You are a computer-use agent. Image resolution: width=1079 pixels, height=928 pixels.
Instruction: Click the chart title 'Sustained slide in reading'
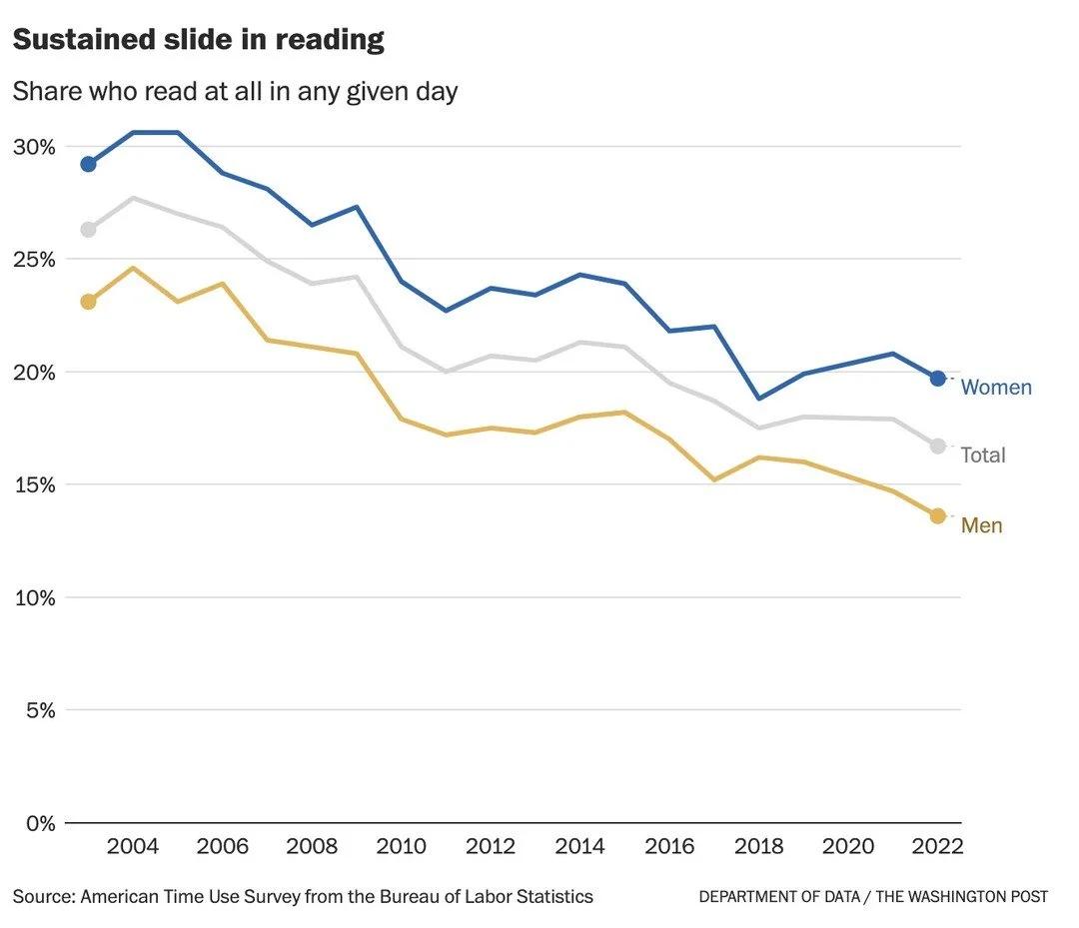(x=198, y=40)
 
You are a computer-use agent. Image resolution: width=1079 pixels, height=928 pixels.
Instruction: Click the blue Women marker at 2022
(x=937, y=379)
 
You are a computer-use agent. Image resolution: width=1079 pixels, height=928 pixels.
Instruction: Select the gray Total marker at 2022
(x=937, y=447)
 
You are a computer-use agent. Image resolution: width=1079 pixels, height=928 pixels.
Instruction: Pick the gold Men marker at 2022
(x=937, y=515)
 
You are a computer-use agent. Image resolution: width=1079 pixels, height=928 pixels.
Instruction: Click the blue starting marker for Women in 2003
(x=88, y=164)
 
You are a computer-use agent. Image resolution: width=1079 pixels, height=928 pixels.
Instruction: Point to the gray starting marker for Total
(x=88, y=230)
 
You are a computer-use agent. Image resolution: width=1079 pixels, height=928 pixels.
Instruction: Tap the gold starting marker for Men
(x=88, y=302)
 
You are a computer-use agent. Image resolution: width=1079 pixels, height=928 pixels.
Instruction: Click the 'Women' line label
(x=996, y=388)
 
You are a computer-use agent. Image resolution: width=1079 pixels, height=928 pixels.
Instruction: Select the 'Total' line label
(x=983, y=456)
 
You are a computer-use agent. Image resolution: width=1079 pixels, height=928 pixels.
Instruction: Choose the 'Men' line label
(x=981, y=525)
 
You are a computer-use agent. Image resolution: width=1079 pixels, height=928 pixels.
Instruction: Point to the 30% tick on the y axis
(x=33, y=147)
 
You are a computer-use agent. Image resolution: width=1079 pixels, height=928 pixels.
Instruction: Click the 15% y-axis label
(x=33, y=485)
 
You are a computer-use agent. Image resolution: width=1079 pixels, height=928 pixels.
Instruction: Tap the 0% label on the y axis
(x=39, y=824)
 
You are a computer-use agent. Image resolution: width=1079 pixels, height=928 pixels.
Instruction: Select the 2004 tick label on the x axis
(x=133, y=847)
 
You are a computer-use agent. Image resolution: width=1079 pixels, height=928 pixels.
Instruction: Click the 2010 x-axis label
(x=401, y=847)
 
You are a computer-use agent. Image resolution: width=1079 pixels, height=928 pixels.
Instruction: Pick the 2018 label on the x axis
(x=759, y=847)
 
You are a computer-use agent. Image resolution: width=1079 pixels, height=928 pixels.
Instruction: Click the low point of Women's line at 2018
(x=759, y=399)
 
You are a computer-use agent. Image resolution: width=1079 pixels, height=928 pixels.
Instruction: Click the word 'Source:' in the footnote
(x=44, y=897)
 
